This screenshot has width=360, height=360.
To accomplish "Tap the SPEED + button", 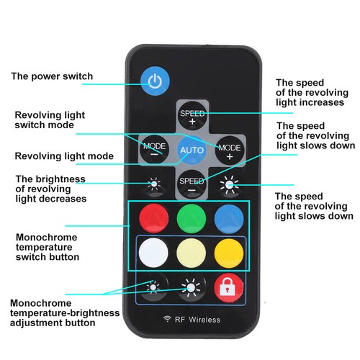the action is pyautogui.click(x=192, y=115).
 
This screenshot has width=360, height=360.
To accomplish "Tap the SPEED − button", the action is pyautogui.click(x=192, y=184).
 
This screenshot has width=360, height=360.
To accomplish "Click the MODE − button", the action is pyautogui.click(x=154, y=149).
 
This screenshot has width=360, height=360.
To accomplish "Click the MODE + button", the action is pyautogui.click(x=230, y=150).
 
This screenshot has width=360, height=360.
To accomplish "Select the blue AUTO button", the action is pyautogui.click(x=192, y=150).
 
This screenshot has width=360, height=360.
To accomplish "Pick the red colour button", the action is pyautogui.click(x=154, y=218).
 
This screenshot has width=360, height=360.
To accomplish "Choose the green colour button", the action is pyautogui.click(x=192, y=219).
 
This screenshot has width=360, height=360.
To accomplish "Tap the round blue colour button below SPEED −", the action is pyautogui.click(x=229, y=219).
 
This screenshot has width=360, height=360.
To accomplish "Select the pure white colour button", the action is pyautogui.click(x=153, y=253).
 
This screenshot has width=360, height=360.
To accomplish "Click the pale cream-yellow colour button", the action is pyautogui.click(x=191, y=253).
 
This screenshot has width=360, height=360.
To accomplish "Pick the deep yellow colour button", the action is pyautogui.click(x=229, y=253).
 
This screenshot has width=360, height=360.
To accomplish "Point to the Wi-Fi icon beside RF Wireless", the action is pyautogui.click(x=167, y=319).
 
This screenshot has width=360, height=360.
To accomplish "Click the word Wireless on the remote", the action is pyautogui.click(x=204, y=320).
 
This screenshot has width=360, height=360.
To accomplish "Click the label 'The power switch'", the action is pyautogui.click(x=52, y=76).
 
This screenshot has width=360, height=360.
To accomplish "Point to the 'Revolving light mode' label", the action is pyautogui.click(x=64, y=156).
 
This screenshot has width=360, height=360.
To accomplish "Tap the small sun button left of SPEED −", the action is pyautogui.click(x=154, y=184).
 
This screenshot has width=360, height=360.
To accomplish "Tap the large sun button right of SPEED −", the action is pyautogui.click(x=230, y=184).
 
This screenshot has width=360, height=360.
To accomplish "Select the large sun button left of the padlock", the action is pyautogui.click(x=191, y=287).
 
